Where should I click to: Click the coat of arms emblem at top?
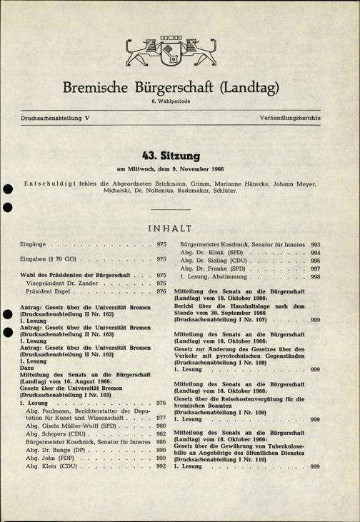pos(180,51)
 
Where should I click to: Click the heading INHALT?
pos(180,229)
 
